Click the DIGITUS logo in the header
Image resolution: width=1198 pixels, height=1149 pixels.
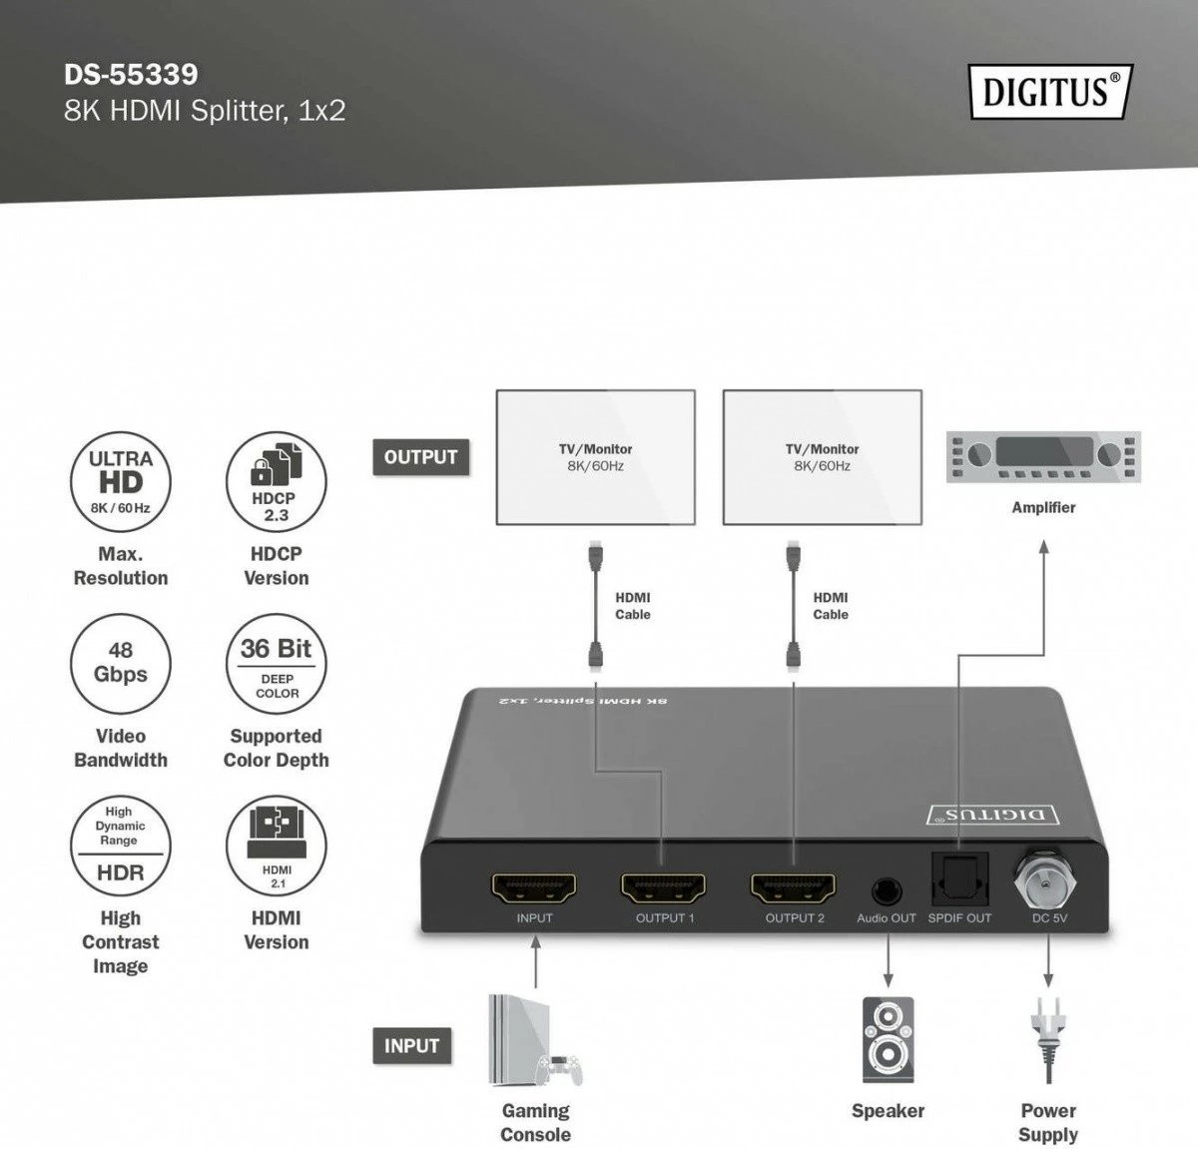[1050, 92]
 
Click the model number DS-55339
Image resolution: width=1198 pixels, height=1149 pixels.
[131, 75]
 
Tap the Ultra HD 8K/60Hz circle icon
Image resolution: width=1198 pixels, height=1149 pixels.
[121, 482]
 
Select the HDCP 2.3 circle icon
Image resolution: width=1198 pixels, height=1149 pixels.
[277, 482]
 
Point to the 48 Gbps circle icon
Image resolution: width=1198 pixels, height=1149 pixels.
[121, 664]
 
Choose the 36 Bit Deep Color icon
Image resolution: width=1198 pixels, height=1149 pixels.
[277, 664]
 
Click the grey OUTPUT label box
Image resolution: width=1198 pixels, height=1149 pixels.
[421, 457]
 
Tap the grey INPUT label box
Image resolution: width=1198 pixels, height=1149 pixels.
[412, 1045]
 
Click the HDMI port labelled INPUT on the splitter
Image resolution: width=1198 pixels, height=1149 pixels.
[534, 888]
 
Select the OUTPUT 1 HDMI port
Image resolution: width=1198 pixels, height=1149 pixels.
[664, 888]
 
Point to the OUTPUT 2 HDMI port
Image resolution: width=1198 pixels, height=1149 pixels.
[794, 888]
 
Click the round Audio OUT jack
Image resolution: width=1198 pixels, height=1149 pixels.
[887, 890]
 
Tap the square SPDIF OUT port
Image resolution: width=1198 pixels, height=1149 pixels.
[960, 879]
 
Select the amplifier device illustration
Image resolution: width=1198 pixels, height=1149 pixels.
[1043, 456]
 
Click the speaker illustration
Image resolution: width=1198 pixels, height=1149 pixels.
[888, 1040]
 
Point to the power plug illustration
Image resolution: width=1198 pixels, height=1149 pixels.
[1048, 1040]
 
